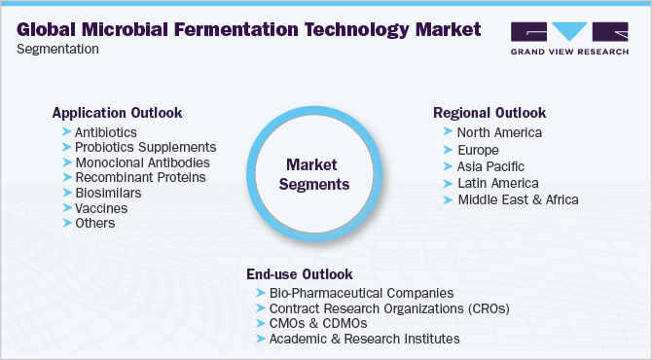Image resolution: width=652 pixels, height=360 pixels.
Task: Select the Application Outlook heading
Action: click(117, 113)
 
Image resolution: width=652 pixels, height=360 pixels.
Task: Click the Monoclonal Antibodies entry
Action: click(141, 162)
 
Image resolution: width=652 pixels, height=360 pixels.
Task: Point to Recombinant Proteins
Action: click(140, 178)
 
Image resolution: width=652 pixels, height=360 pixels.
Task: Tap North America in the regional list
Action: click(499, 132)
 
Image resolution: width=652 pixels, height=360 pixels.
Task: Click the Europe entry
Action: click(478, 150)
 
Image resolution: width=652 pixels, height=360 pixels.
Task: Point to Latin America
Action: click(497, 183)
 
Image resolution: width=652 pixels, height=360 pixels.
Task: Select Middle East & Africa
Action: click(518, 199)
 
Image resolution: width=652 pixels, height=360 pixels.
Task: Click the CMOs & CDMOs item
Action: click(327, 323)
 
